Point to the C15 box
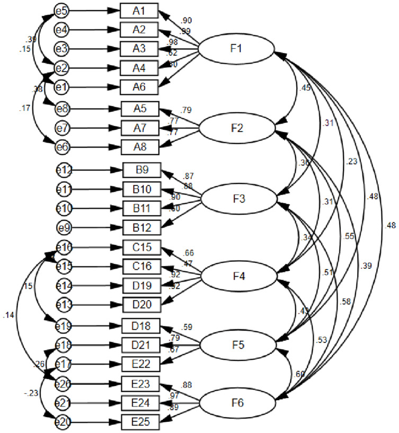[141, 247]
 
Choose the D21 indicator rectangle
[141, 346]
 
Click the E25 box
[141, 422]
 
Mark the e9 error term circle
[64, 228]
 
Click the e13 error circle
[64, 305]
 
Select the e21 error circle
[64, 404]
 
